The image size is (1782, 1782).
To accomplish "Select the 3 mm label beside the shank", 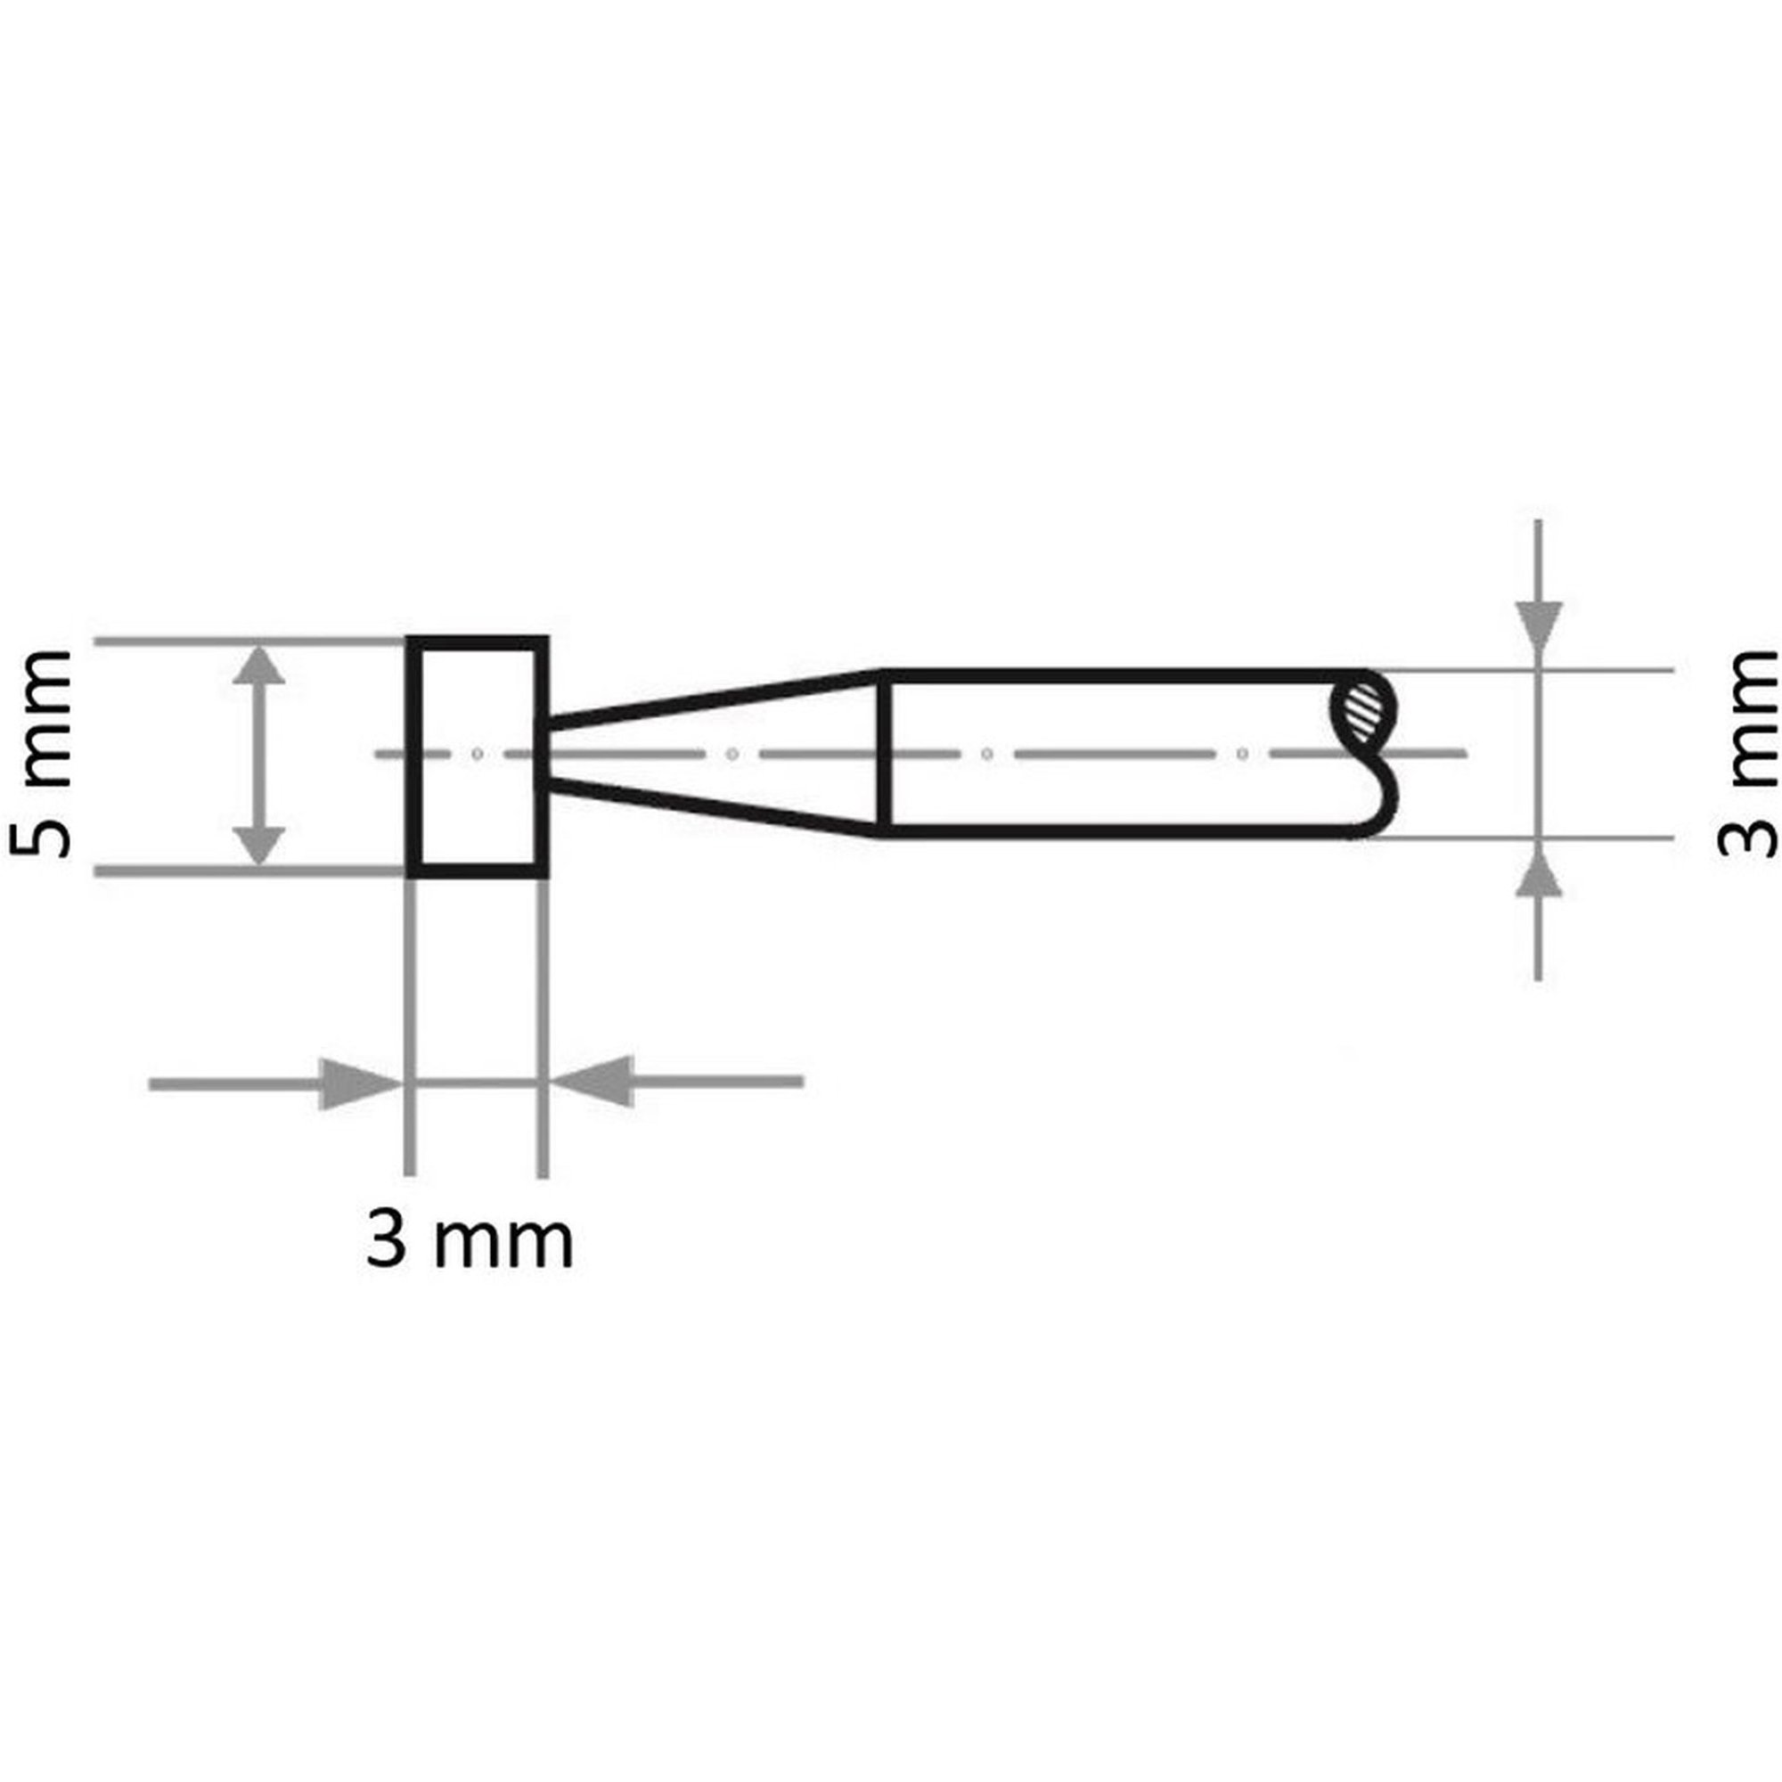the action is [x=1746, y=754].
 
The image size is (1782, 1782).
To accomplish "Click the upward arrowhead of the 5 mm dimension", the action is [x=258, y=664].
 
